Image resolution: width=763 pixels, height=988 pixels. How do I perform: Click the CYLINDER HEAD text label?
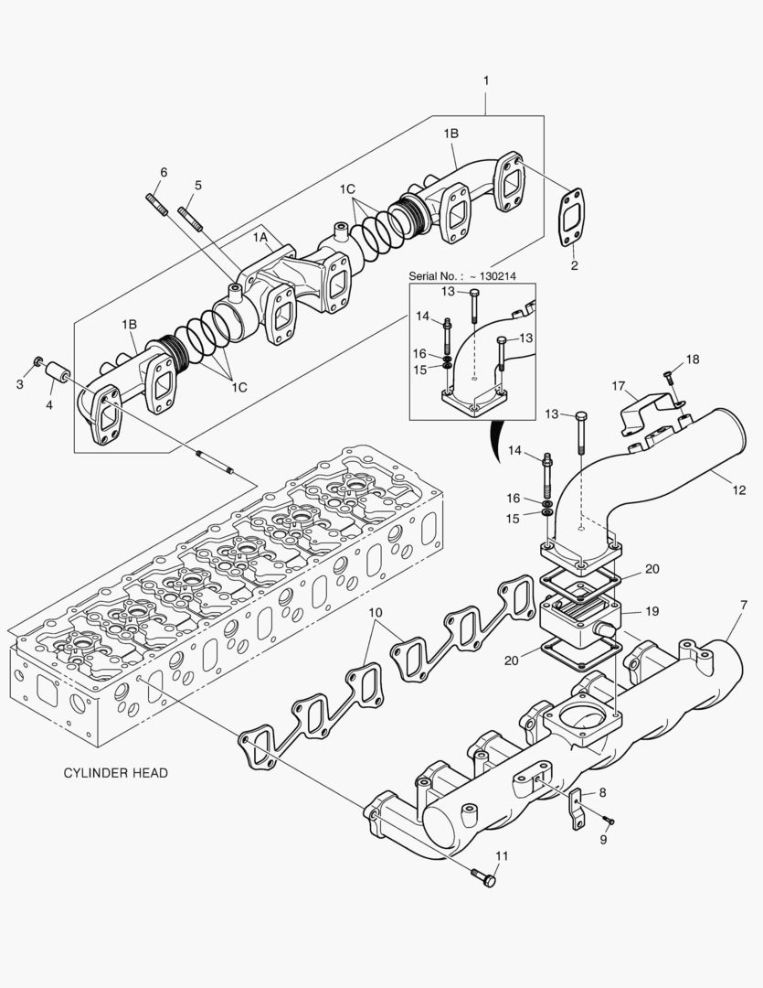tap(115, 773)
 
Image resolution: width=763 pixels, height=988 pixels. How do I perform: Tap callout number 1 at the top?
tap(486, 81)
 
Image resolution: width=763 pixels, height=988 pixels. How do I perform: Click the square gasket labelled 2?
tap(572, 219)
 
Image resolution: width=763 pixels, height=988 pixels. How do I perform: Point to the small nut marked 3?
tap(38, 362)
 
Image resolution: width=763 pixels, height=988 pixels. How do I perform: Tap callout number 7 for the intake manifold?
tap(743, 606)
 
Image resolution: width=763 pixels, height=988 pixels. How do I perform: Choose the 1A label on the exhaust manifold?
tap(260, 237)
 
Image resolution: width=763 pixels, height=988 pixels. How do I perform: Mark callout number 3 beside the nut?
tap(20, 384)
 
